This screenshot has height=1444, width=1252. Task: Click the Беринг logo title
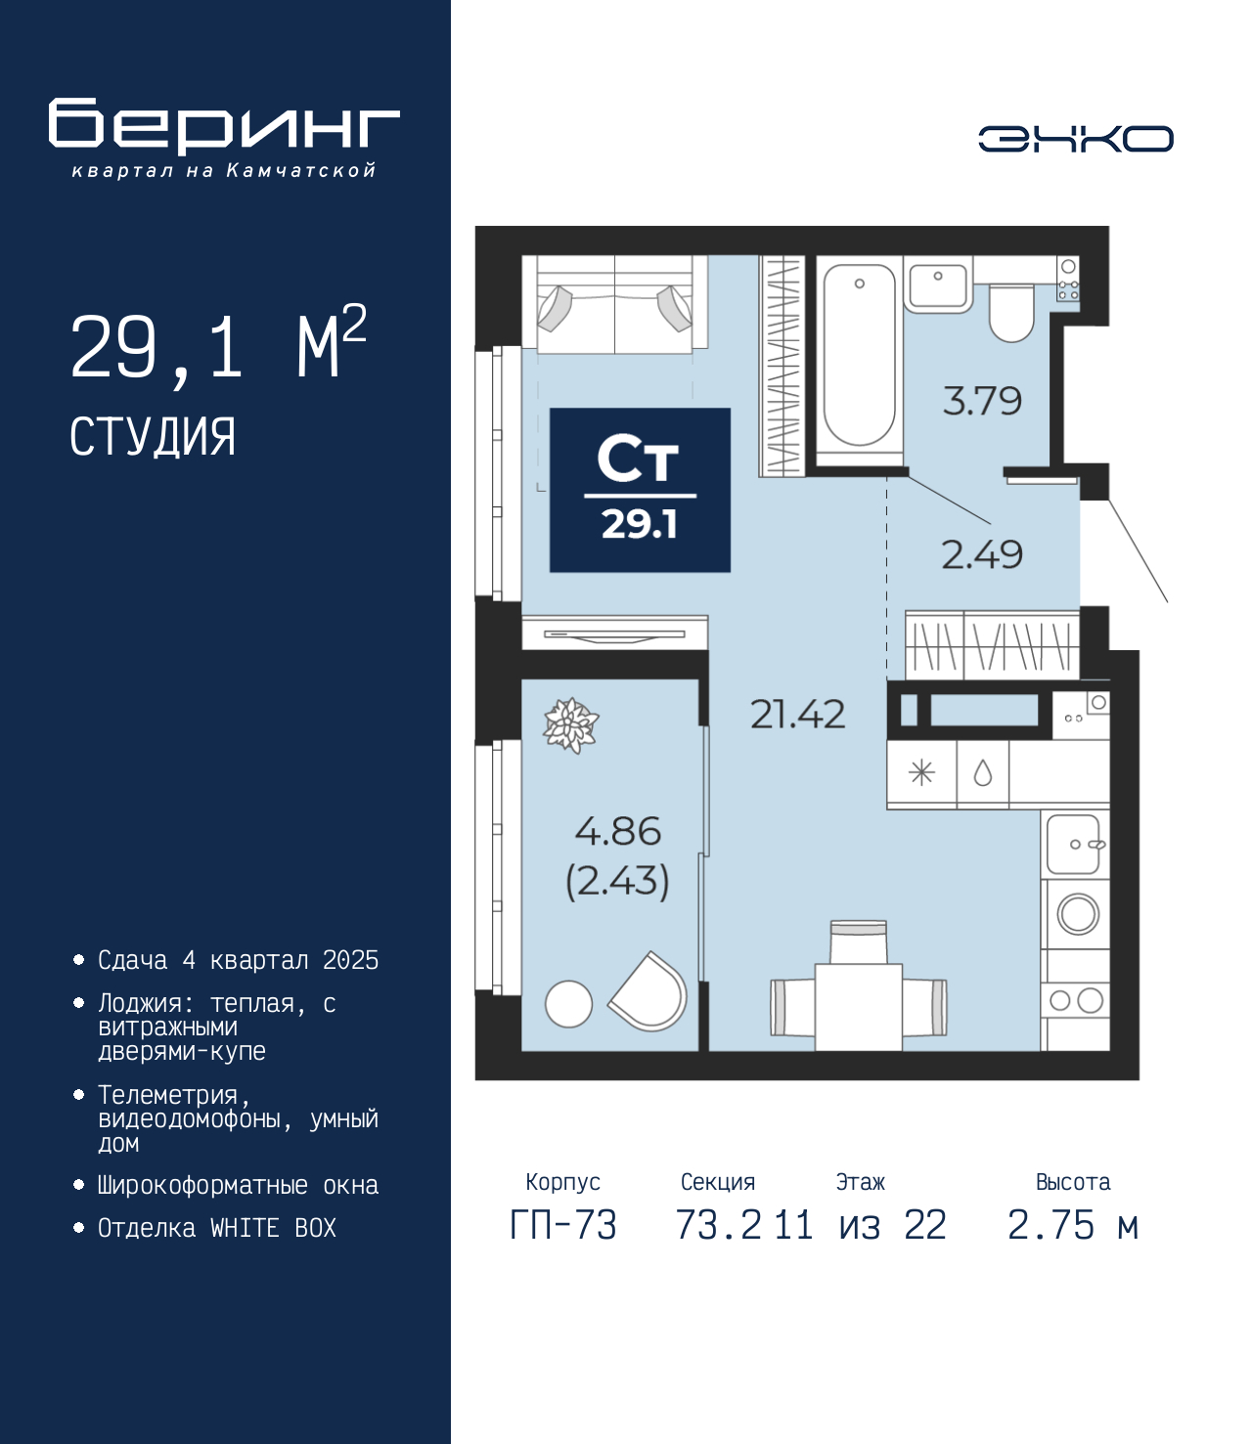[x=224, y=126]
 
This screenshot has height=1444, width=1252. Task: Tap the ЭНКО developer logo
[x=1075, y=138]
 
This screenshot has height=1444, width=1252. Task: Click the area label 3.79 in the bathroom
[x=982, y=401]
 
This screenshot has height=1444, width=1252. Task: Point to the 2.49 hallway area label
[x=982, y=554]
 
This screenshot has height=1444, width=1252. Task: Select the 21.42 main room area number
[x=797, y=715]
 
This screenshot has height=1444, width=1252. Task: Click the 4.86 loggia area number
[x=618, y=831]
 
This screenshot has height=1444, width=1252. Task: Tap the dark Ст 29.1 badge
[x=640, y=490]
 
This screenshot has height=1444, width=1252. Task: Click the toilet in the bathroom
[x=1011, y=312]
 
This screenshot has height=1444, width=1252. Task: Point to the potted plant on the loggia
[x=572, y=725]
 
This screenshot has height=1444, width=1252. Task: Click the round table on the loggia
[x=568, y=1004]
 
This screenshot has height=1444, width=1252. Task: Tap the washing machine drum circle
[x=1077, y=914]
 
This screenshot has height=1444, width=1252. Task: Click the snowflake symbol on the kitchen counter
[x=921, y=773]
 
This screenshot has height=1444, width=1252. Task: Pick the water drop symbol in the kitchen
[x=983, y=773]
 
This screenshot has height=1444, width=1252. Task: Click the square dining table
[x=859, y=1007]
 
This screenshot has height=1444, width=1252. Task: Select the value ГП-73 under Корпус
[x=562, y=1225]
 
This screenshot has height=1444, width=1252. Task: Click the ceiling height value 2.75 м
[x=1073, y=1225]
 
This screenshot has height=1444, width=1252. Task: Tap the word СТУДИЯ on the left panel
[x=153, y=437]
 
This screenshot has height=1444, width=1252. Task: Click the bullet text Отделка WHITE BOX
[x=217, y=1228]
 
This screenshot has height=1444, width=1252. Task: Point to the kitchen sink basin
[x=1074, y=844]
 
